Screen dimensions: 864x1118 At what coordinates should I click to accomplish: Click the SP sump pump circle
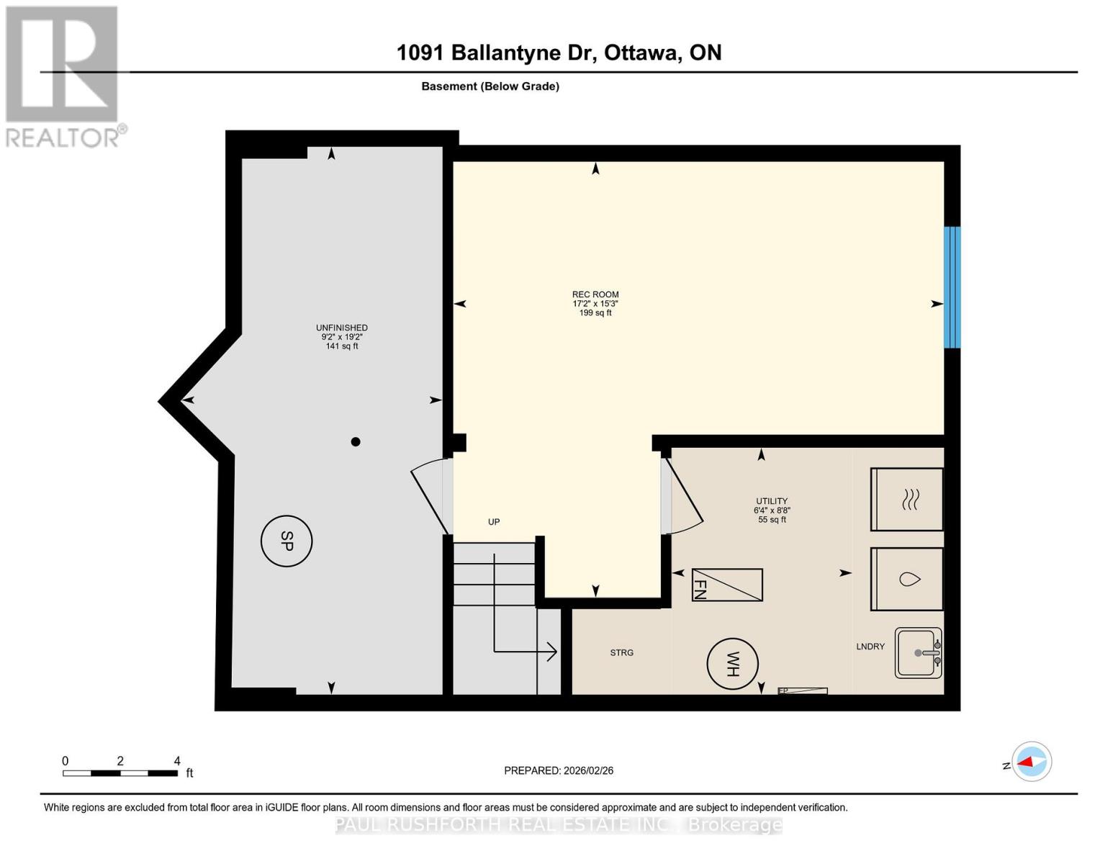(x=287, y=541)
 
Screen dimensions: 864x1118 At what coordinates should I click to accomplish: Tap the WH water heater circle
(x=732, y=664)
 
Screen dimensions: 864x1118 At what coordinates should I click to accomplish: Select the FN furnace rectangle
(x=726, y=585)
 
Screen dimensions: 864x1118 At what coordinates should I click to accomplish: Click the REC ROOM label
(x=595, y=294)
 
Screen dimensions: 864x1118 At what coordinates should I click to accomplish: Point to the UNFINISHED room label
(x=342, y=328)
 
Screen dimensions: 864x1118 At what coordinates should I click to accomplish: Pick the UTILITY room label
(x=772, y=501)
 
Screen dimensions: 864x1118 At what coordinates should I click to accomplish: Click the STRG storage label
(x=622, y=653)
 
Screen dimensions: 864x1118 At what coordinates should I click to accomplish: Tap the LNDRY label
(x=870, y=647)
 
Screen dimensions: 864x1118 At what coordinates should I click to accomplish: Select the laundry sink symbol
(x=919, y=653)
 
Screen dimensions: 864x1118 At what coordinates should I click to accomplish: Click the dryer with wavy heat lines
(x=907, y=499)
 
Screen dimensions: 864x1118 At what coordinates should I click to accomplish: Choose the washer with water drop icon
(x=907, y=579)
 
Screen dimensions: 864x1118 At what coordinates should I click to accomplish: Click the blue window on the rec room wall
(x=952, y=287)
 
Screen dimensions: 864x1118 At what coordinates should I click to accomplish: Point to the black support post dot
(x=355, y=442)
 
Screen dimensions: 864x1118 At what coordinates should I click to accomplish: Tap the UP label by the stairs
(x=494, y=522)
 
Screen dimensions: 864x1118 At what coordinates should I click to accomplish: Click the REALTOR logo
(x=63, y=76)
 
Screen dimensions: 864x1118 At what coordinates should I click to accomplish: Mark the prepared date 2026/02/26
(x=559, y=770)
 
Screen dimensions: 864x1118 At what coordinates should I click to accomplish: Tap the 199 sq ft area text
(x=595, y=313)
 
